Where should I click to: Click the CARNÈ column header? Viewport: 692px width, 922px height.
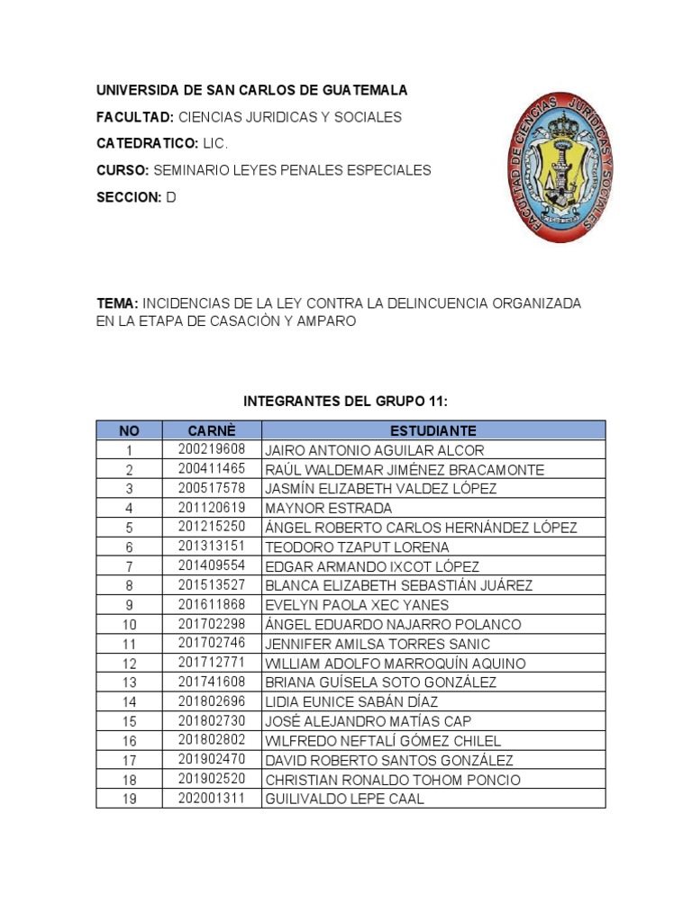(211, 430)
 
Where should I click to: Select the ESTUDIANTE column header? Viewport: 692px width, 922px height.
(433, 430)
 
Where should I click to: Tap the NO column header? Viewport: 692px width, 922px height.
(129, 430)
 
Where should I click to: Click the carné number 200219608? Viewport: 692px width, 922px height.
(212, 449)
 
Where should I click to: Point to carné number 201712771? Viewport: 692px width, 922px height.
(212, 663)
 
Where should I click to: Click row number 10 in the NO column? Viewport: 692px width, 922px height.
(129, 625)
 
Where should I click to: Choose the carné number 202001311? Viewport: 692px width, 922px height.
(212, 799)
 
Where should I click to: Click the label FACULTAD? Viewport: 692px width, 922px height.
(135, 117)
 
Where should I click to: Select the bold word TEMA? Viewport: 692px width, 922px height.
(117, 303)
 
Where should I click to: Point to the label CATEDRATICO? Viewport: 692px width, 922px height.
(148, 143)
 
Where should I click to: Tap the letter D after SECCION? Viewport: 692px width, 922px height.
(171, 197)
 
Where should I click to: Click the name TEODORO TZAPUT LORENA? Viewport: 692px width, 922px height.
(357, 547)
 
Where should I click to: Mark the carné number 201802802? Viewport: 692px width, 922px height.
(212, 740)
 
